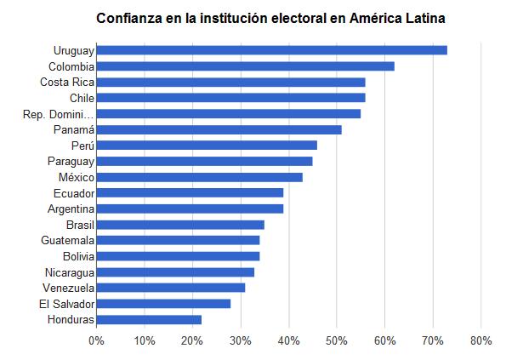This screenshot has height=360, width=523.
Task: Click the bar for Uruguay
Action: click(x=271, y=50)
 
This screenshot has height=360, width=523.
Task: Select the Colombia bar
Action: click(x=245, y=66)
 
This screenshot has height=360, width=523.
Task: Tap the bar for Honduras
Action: click(x=149, y=320)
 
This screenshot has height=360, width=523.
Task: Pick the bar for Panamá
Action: click(x=219, y=129)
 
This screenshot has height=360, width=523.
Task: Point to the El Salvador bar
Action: click(x=163, y=304)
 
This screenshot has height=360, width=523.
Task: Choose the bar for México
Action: click(x=199, y=177)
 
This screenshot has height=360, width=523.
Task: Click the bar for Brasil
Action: click(x=180, y=225)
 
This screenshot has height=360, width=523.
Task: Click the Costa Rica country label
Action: click(x=66, y=82)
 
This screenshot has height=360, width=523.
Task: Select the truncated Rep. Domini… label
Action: click(x=58, y=114)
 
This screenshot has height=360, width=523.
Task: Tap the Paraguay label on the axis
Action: click(x=71, y=161)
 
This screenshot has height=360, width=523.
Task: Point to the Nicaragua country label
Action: click(x=69, y=272)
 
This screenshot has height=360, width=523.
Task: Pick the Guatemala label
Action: click(x=67, y=241)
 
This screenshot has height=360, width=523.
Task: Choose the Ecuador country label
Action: click(x=73, y=193)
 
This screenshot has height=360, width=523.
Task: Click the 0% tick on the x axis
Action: click(x=96, y=340)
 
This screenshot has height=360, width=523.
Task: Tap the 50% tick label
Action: click(x=337, y=340)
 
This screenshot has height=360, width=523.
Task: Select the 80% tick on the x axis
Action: click(x=481, y=340)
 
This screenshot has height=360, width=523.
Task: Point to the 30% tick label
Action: click(x=241, y=340)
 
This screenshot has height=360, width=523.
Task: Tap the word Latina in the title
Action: click(x=421, y=18)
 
